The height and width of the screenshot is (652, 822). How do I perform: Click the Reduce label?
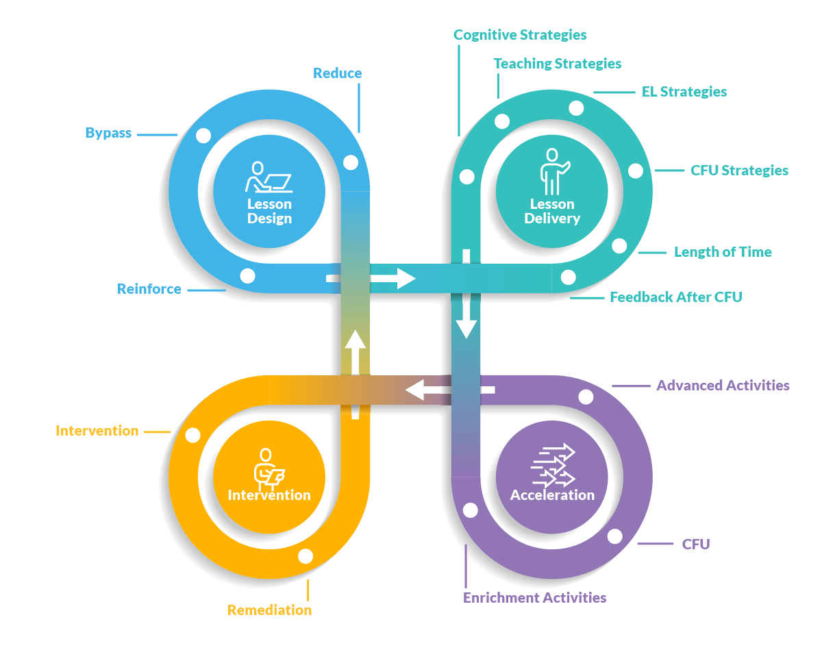pos(337,73)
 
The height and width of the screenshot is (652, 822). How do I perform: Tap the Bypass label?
pos(108,133)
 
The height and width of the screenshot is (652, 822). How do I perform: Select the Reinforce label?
pos(149,289)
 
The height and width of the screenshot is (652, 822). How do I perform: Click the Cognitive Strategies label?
pos(520,34)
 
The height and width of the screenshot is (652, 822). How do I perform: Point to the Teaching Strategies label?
pos(558,64)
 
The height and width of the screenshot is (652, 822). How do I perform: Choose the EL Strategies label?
pos(684,92)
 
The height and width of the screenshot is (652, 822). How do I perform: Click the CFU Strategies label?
pos(739,171)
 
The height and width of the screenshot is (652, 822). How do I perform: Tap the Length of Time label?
pos(723,252)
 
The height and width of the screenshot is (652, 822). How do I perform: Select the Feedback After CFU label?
pos(676,297)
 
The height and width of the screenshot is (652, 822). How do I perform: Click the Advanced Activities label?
pos(723,386)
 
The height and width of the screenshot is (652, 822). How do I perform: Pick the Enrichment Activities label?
pos(534,598)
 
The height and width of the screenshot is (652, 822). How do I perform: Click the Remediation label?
pos(269,610)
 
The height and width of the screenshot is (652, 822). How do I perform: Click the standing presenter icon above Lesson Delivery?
pos(552,171)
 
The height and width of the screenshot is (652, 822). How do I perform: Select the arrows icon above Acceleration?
pos(552,466)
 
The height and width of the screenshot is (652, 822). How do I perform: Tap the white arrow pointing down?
pos(466,318)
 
